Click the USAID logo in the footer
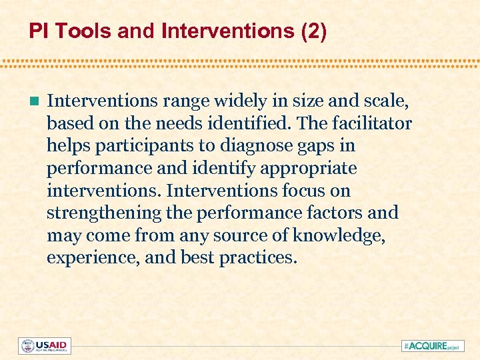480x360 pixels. [45, 345]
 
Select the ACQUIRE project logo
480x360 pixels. [432, 345]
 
